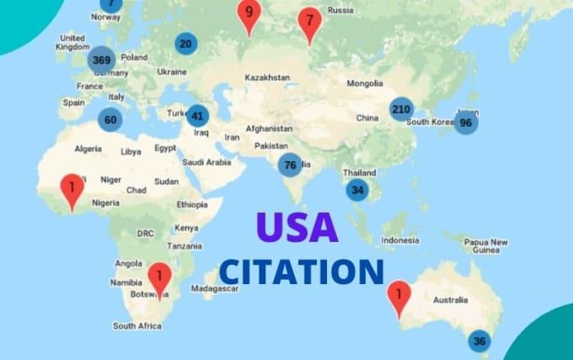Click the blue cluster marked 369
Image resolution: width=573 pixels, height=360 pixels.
[x=101, y=60]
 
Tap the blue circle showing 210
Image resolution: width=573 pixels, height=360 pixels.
[x=401, y=109]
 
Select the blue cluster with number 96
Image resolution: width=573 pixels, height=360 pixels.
[x=465, y=122]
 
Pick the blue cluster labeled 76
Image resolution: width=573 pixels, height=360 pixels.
[x=290, y=165]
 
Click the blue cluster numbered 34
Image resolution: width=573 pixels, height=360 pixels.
[x=357, y=190]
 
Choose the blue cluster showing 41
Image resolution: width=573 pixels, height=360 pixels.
[x=197, y=116]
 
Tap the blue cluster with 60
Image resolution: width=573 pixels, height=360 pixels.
[x=110, y=120]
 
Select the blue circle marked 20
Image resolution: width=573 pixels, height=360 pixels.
[x=185, y=44]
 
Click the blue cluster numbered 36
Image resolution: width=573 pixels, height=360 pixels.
[x=479, y=341]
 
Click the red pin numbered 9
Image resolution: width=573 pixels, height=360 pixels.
[x=248, y=13]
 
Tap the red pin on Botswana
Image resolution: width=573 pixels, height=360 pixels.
[x=159, y=278]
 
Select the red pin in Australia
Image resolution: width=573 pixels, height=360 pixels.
[x=398, y=296]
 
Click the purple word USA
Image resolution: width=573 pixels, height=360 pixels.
[x=297, y=228]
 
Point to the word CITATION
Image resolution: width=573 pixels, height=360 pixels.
[x=302, y=271]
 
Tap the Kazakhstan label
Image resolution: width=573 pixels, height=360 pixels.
[x=267, y=78]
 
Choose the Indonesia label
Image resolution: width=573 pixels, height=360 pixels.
[x=400, y=240]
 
